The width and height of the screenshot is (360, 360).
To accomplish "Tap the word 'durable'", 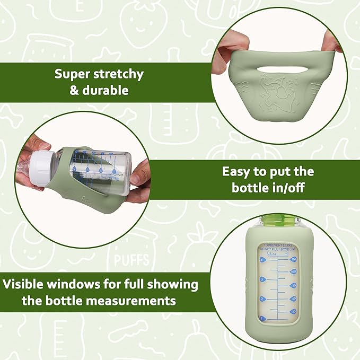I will point(104,90).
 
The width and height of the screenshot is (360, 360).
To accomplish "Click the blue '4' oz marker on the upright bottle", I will point(262,260).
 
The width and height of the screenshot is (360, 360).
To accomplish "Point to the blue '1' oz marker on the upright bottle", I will point(261,318).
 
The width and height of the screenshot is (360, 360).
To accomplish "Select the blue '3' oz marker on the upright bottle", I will point(262,279).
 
